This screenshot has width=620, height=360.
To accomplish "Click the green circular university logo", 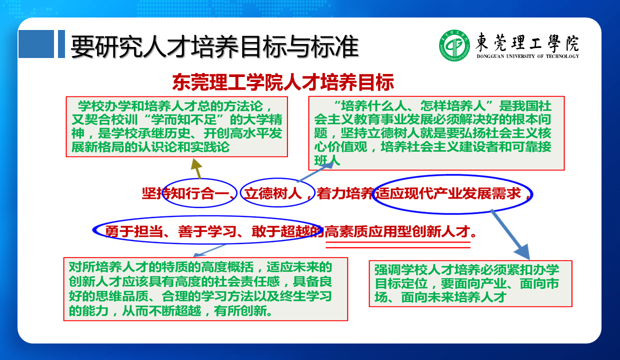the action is pyautogui.click(x=454, y=45).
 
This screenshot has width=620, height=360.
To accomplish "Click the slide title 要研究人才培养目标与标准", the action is pyautogui.click(x=215, y=46).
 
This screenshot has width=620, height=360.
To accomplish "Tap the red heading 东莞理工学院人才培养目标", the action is pyautogui.click(x=283, y=82).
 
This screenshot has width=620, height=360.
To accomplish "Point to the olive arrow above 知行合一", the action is pyautogui.click(x=197, y=168).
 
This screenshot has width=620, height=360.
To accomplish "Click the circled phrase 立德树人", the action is pyautogui.click(x=272, y=193).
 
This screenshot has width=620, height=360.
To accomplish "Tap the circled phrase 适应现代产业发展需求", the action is pyautogui.click(x=447, y=193).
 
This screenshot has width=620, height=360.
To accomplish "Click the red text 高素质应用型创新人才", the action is pyautogui.click(x=397, y=231).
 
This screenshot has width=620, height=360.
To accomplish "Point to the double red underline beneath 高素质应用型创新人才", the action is pyautogui.click(x=398, y=245).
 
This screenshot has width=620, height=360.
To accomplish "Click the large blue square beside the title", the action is pyautogui.click(x=36, y=44).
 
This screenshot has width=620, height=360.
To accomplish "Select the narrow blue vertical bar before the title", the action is pyautogui.click(x=61, y=44).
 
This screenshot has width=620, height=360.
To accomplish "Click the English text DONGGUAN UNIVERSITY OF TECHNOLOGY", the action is pyautogui.click(x=528, y=56).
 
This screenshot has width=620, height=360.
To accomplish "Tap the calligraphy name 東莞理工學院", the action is pyautogui.click(x=527, y=42).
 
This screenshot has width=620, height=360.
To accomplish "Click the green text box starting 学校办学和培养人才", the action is pyautogui.click(x=177, y=126).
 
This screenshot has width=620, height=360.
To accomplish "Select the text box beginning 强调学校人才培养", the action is pyautogui.click(x=470, y=283).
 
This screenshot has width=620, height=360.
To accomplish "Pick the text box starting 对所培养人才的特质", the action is pyautogui.click(x=205, y=289).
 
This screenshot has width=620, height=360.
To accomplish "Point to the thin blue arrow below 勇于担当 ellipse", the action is pyautogui.click(x=209, y=250).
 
